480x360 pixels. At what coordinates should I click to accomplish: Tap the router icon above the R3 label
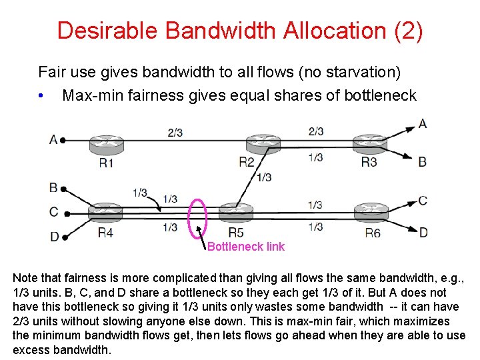click(369, 143)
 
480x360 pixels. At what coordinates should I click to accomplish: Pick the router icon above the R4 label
click(105, 213)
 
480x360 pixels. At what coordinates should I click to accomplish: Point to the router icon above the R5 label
click(237, 213)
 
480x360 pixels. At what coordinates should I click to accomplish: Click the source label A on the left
click(53, 140)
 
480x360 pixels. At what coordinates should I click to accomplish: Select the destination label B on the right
click(423, 161)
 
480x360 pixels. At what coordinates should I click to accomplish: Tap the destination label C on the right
click(423, 200)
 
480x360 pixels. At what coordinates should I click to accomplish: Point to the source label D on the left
click(53, 236)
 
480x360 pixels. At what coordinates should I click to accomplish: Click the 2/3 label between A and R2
click(175, 133)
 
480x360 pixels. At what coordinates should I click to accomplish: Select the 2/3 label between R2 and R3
click(316, 131)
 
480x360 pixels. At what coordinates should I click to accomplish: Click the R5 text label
click(236, 233)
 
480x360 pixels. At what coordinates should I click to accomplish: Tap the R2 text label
click(247, 162)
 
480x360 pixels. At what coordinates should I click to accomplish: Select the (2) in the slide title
click(407, 31)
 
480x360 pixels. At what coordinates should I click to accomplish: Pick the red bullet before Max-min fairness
click(42, 96)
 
